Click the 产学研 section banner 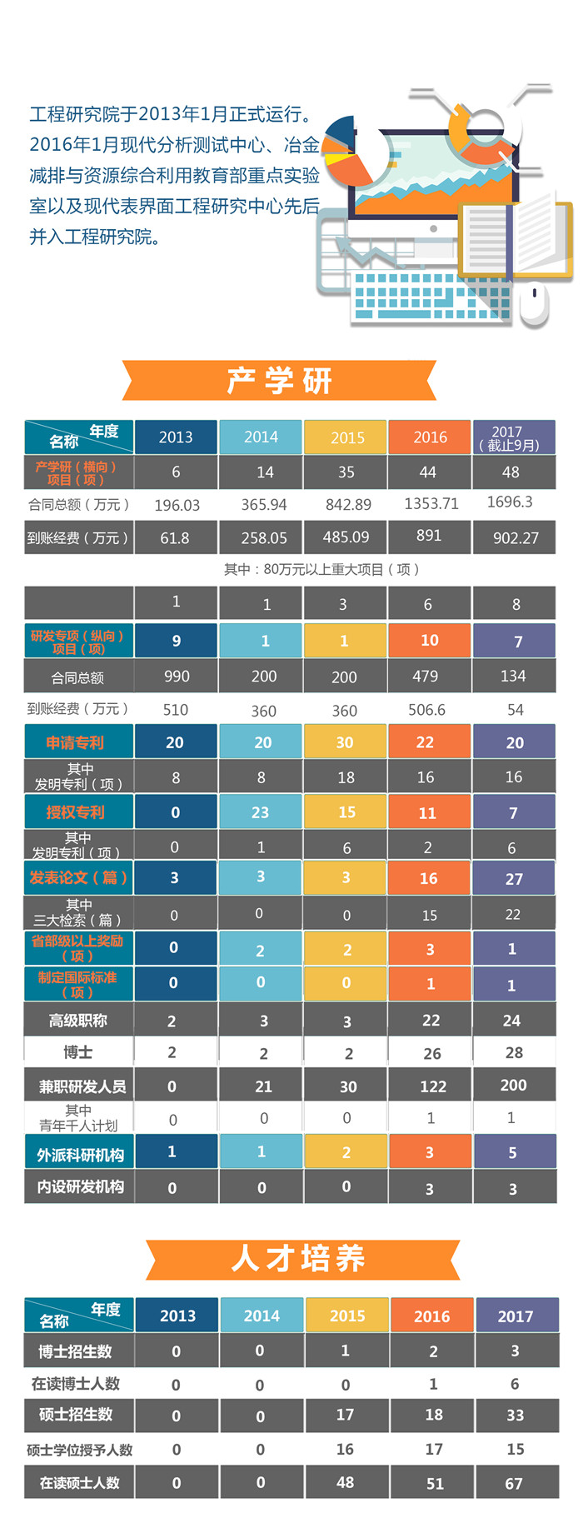click(279, 381)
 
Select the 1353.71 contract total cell click(431, 504)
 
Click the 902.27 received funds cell click(515, 538)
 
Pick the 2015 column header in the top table click(346, 437)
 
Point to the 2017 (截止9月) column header click(513, 437)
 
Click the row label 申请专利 click(77, 742)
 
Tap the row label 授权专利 click(77, 811)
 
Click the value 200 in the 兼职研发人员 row click(513, 1085)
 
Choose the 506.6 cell click(426, 710)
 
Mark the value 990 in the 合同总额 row click(177, 677)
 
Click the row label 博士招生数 click(77, 1351)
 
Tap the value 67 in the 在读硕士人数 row click(514, 1484)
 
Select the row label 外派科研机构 click(80, 1154)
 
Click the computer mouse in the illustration click(534, 302)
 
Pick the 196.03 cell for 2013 click(177, 505)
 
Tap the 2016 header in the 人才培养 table click(431, 1316)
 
